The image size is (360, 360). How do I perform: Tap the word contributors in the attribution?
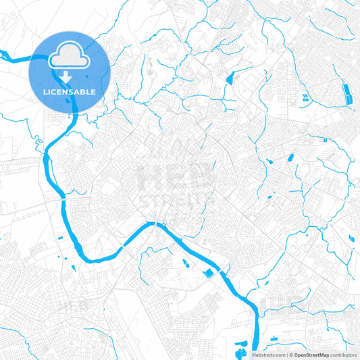[x=344, y=355]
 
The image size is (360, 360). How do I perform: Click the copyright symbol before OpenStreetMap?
[x=290, y=355]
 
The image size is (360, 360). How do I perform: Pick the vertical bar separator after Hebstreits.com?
[x=286, y=355]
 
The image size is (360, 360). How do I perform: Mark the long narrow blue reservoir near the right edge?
[x=348, y=94]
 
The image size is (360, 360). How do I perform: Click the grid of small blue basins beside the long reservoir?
[x=305, y=99]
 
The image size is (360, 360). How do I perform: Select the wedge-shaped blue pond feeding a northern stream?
[x=230, y=78]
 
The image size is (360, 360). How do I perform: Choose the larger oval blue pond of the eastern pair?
[x=291, y=158]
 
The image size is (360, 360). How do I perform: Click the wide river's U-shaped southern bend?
[x=95, y=259]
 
